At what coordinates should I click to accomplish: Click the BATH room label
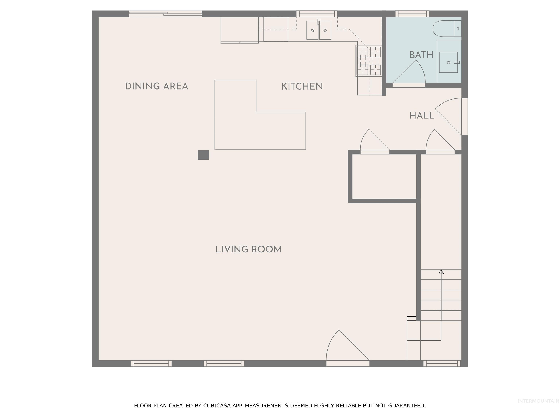[x=421, y=55]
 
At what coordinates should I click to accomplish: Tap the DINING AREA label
[x=156, y=86]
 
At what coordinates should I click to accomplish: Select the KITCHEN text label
[x=302, y=87]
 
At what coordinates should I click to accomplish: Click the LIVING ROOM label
[x=248, y=250]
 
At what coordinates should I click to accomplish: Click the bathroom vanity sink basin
[x=448, y=62]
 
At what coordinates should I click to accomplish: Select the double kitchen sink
[x=319, y=30]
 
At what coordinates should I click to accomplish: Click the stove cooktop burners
[x=369, y=61]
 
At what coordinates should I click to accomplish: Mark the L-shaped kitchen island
[x=243, y=127]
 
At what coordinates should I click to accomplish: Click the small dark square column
[x=203, y=155]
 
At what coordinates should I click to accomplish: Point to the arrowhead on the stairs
[x=441, y=272]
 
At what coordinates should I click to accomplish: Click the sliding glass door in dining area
[x=166, y=14]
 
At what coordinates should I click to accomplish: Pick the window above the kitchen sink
[x=317, y=14]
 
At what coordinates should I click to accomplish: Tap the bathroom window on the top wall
[x=412, y=14]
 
